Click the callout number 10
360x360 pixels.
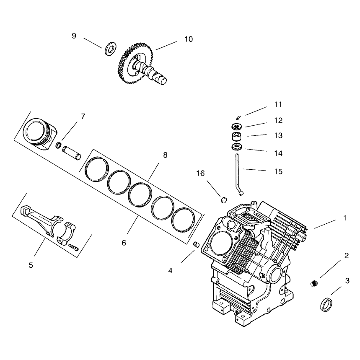pos(189,39)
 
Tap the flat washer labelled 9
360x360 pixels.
pos(111,49)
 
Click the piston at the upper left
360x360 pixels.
pos(40,134)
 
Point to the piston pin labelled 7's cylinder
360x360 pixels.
pos(72,153)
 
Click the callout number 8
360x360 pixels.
pos(165,155)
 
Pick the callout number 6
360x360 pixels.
pos(124,243)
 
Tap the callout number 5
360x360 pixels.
pos(31,265)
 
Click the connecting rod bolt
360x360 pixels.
pos(73,246)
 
